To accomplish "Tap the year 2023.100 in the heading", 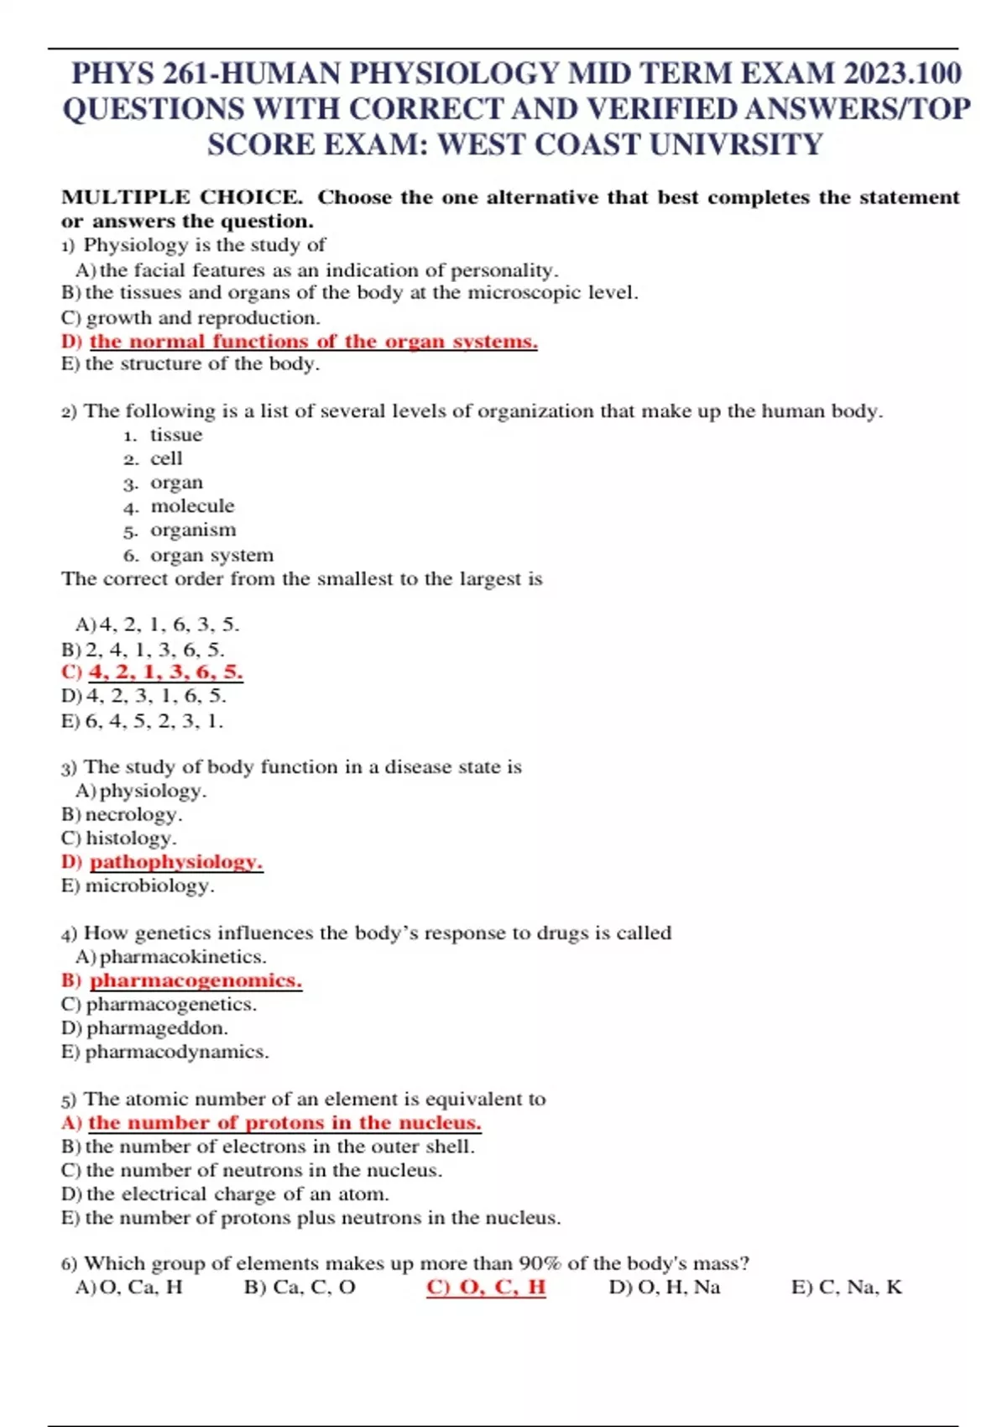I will coord(902,74).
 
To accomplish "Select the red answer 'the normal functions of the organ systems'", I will coord(312,342).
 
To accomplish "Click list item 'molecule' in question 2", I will coord(192,506).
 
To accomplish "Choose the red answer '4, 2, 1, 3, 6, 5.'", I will coord(165,672).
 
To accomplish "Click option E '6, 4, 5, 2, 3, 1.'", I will coord(154,720).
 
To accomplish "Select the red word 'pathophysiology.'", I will coord(176,862).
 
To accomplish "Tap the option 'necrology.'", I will coord(133,814).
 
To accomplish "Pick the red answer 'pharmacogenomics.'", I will coord(196,980).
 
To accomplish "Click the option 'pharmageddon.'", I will coord(156,1028).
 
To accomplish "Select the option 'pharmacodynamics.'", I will coord(176,1052).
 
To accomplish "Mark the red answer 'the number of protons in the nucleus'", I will coord(284,1123).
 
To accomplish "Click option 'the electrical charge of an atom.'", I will coord(237,1194).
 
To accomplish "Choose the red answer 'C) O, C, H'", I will coord(486,1288).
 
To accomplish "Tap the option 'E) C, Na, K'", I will coord(846,1288).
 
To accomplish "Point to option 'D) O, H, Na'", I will coord(664,1288).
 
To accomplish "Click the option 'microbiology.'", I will coord(149,886).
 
